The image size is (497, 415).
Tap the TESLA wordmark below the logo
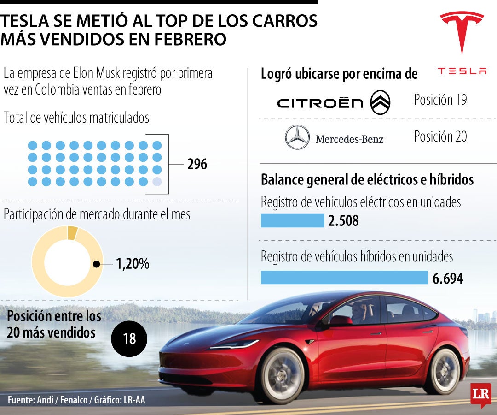click(462, 71)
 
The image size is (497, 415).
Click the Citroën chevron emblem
click(381, 102)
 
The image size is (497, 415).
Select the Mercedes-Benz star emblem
click(297, 137)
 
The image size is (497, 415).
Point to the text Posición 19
click(440, 100)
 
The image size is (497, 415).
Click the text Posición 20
click(440, 136)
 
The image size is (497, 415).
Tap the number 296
click(197, 164)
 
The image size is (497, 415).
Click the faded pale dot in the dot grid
click(157, 182)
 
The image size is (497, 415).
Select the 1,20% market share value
click(133, 264)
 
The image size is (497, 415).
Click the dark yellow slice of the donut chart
click(72, 233)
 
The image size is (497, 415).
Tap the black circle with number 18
click(129, 339)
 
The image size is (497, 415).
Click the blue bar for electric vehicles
click(292, 221)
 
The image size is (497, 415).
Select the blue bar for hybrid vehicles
click(344, 278)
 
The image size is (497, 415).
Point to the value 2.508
click(343, 221)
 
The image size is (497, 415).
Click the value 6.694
click(447, 278)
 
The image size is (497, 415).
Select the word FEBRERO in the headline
click(191, 39)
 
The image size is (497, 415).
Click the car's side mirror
click(340, 320)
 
